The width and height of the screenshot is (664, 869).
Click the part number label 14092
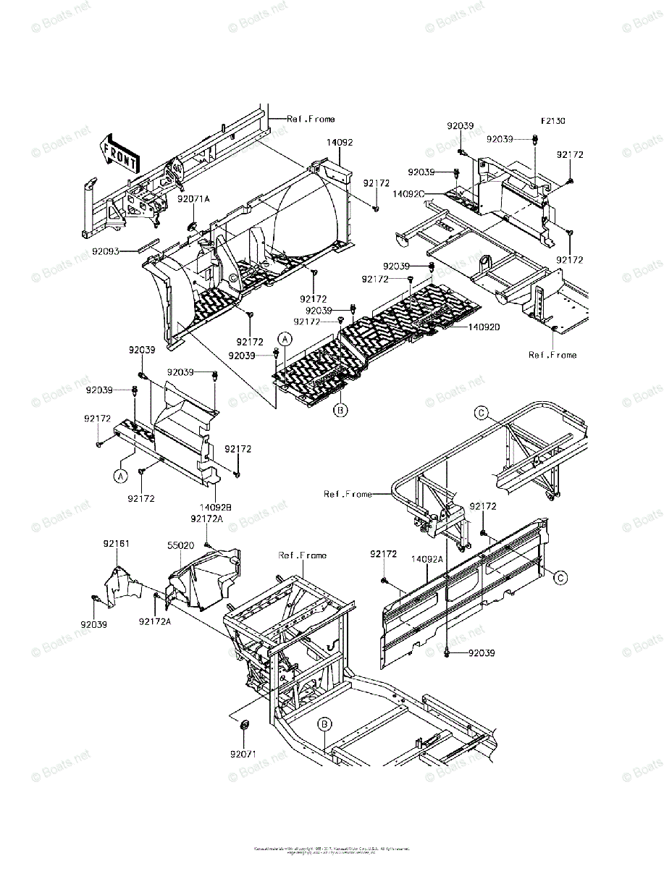pos(339,143)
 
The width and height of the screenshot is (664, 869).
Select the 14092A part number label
pos(427,558)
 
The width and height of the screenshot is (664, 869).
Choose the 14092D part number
pos(484,327)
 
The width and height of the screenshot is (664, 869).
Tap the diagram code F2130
pos(552,122)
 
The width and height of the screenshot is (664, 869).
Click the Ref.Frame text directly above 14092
pos(311,119)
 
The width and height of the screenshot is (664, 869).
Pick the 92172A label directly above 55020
pos(206,519)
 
